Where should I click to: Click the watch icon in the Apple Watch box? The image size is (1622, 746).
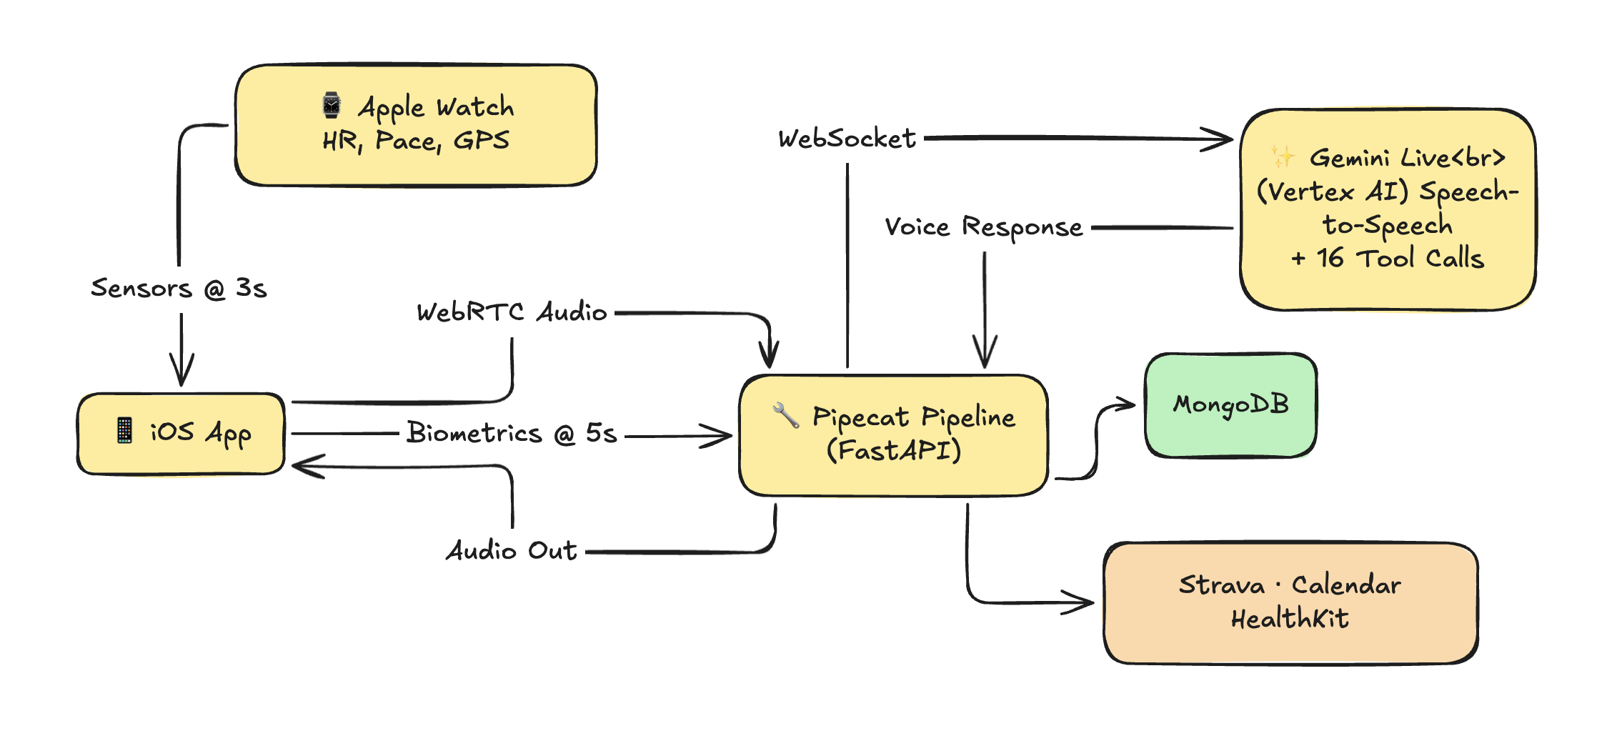[332, 105]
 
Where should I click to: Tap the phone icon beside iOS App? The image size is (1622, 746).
[124, 430]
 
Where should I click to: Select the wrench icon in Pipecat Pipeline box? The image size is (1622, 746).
[785, 414]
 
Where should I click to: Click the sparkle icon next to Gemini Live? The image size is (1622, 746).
[1282, 156]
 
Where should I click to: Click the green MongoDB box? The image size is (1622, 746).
[1230, 405]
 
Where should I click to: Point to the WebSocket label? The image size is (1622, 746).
[847, 139]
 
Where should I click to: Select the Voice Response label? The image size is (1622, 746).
[984, 227]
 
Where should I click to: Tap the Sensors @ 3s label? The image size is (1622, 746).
[179, 288]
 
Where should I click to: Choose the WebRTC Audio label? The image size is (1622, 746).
[512, 312]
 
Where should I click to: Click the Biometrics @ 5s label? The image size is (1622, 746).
[512, 433]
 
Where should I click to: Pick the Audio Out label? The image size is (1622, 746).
[512, 550]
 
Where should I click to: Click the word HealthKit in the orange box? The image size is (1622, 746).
[1290, 619]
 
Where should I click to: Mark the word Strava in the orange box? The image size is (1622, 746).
[1221, 585]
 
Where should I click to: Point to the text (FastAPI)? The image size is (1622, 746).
[894, 450]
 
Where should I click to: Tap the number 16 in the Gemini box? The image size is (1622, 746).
[1330, 258]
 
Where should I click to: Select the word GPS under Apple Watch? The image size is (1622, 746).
[482, 140]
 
